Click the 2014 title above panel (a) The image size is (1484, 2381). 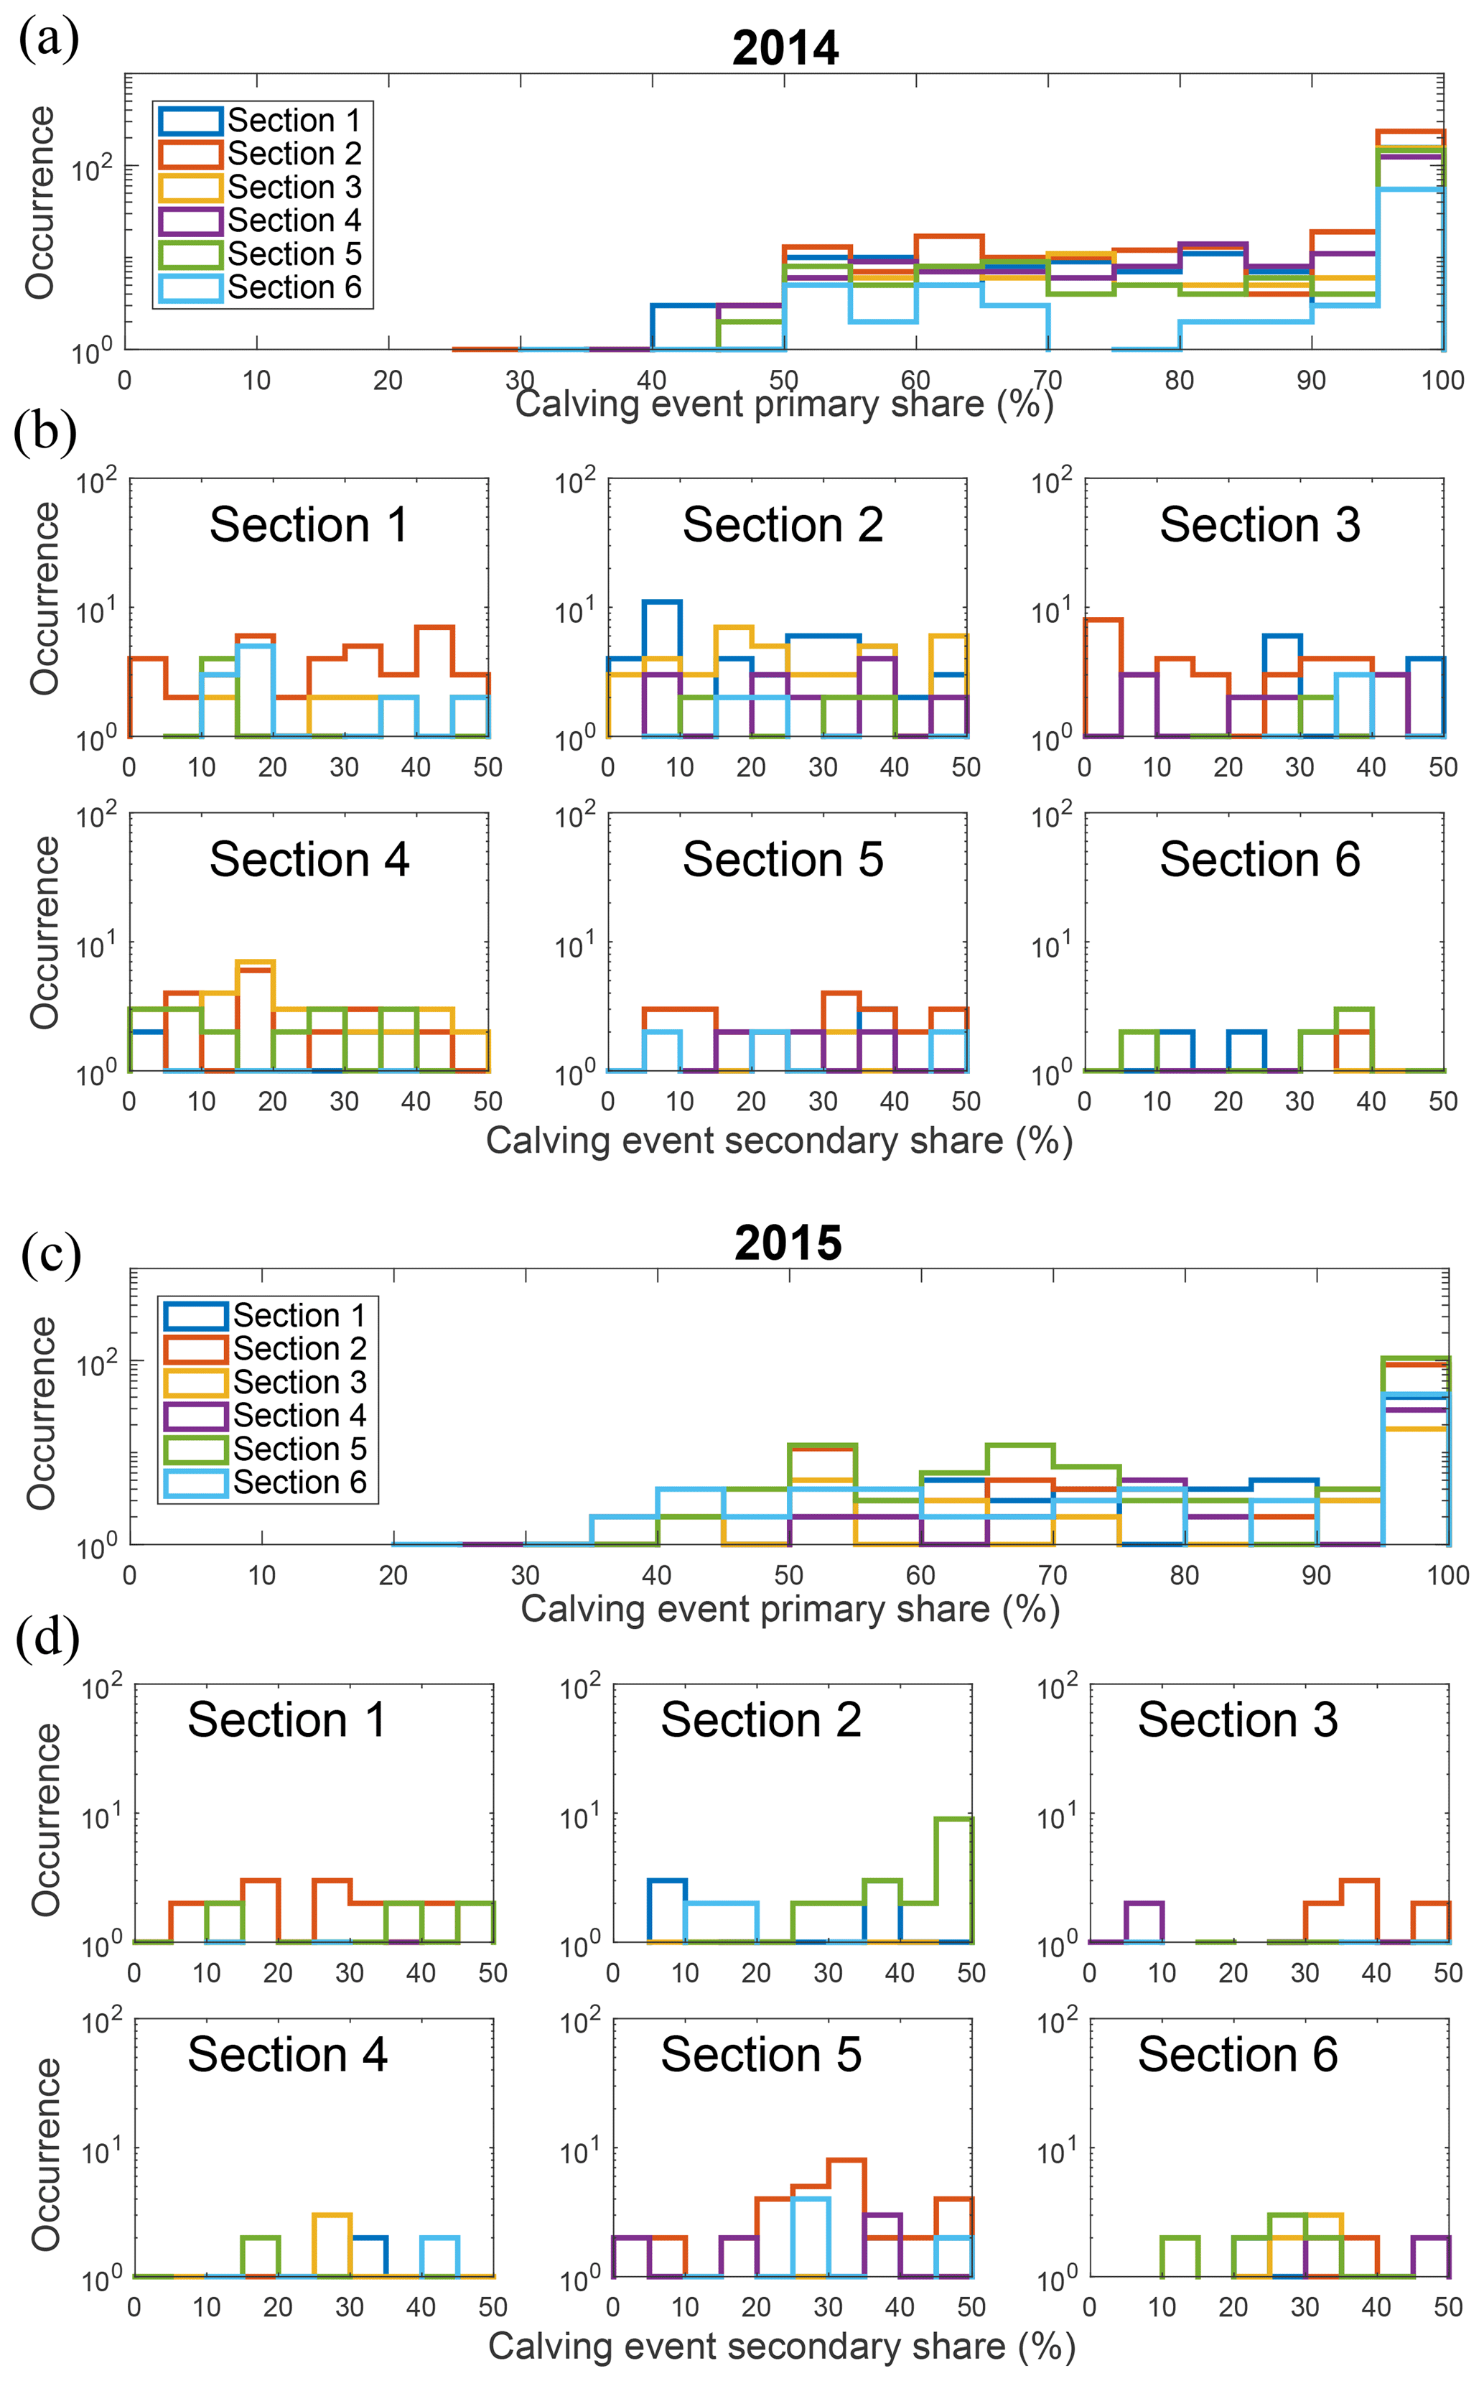coord(785,47)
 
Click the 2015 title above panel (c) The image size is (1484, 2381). coord(788,1243)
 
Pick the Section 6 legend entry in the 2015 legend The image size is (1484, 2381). coord(266,1482)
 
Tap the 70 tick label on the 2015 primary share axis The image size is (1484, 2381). coord(1052,1575)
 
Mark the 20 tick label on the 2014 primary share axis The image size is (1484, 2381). coord(388,380)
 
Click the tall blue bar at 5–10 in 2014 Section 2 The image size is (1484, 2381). coord(661,668)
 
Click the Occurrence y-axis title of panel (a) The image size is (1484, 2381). coord(40,203)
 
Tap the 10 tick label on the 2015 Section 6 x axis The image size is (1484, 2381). coord(1161,2306)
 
